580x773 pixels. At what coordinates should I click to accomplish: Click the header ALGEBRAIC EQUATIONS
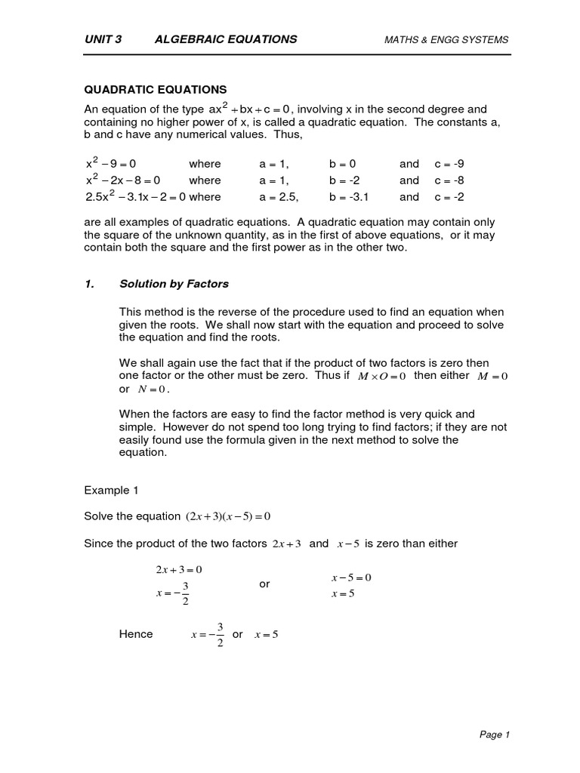point(227,39)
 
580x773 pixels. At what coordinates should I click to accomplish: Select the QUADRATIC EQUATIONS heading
point(155,89)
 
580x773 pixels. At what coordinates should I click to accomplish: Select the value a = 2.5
point(279,197)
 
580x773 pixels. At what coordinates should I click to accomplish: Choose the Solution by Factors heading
point(174,284)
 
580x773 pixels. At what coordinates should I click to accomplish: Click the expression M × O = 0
point(381,376)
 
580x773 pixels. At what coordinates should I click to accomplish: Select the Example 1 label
point(111,489)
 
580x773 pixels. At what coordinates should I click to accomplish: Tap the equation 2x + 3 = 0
point(179,569)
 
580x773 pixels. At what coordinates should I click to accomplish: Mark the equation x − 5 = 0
point(351,577)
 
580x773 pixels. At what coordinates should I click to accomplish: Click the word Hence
point(136,634)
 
